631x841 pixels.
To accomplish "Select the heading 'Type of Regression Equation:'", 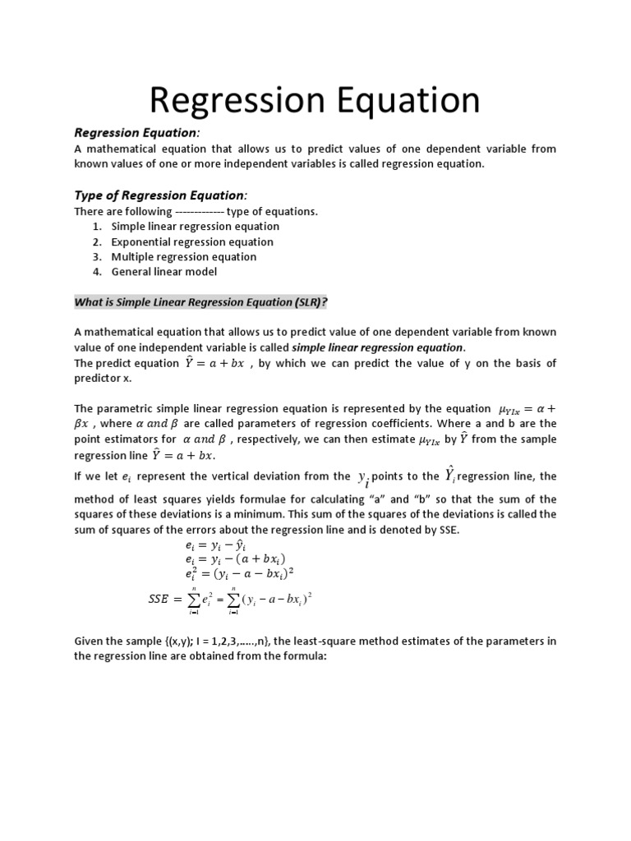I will pos(160,195).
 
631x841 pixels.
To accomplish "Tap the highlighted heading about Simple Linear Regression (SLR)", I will pos(200,302).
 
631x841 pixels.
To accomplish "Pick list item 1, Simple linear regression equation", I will pos(196,227).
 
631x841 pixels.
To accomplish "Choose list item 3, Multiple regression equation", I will pos(184,257).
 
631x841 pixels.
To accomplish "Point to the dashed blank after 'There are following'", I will pos(200,212).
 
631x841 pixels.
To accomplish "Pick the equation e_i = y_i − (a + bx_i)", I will pos(235,559).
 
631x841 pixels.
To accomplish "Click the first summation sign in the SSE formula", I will pos(192,600).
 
